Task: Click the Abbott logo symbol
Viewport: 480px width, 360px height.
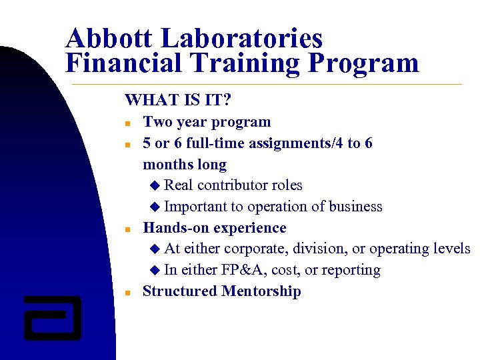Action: coord(52,317)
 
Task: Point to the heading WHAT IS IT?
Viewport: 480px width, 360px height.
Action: coord(178,101)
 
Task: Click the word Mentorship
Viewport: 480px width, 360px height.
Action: coord(261,291)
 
